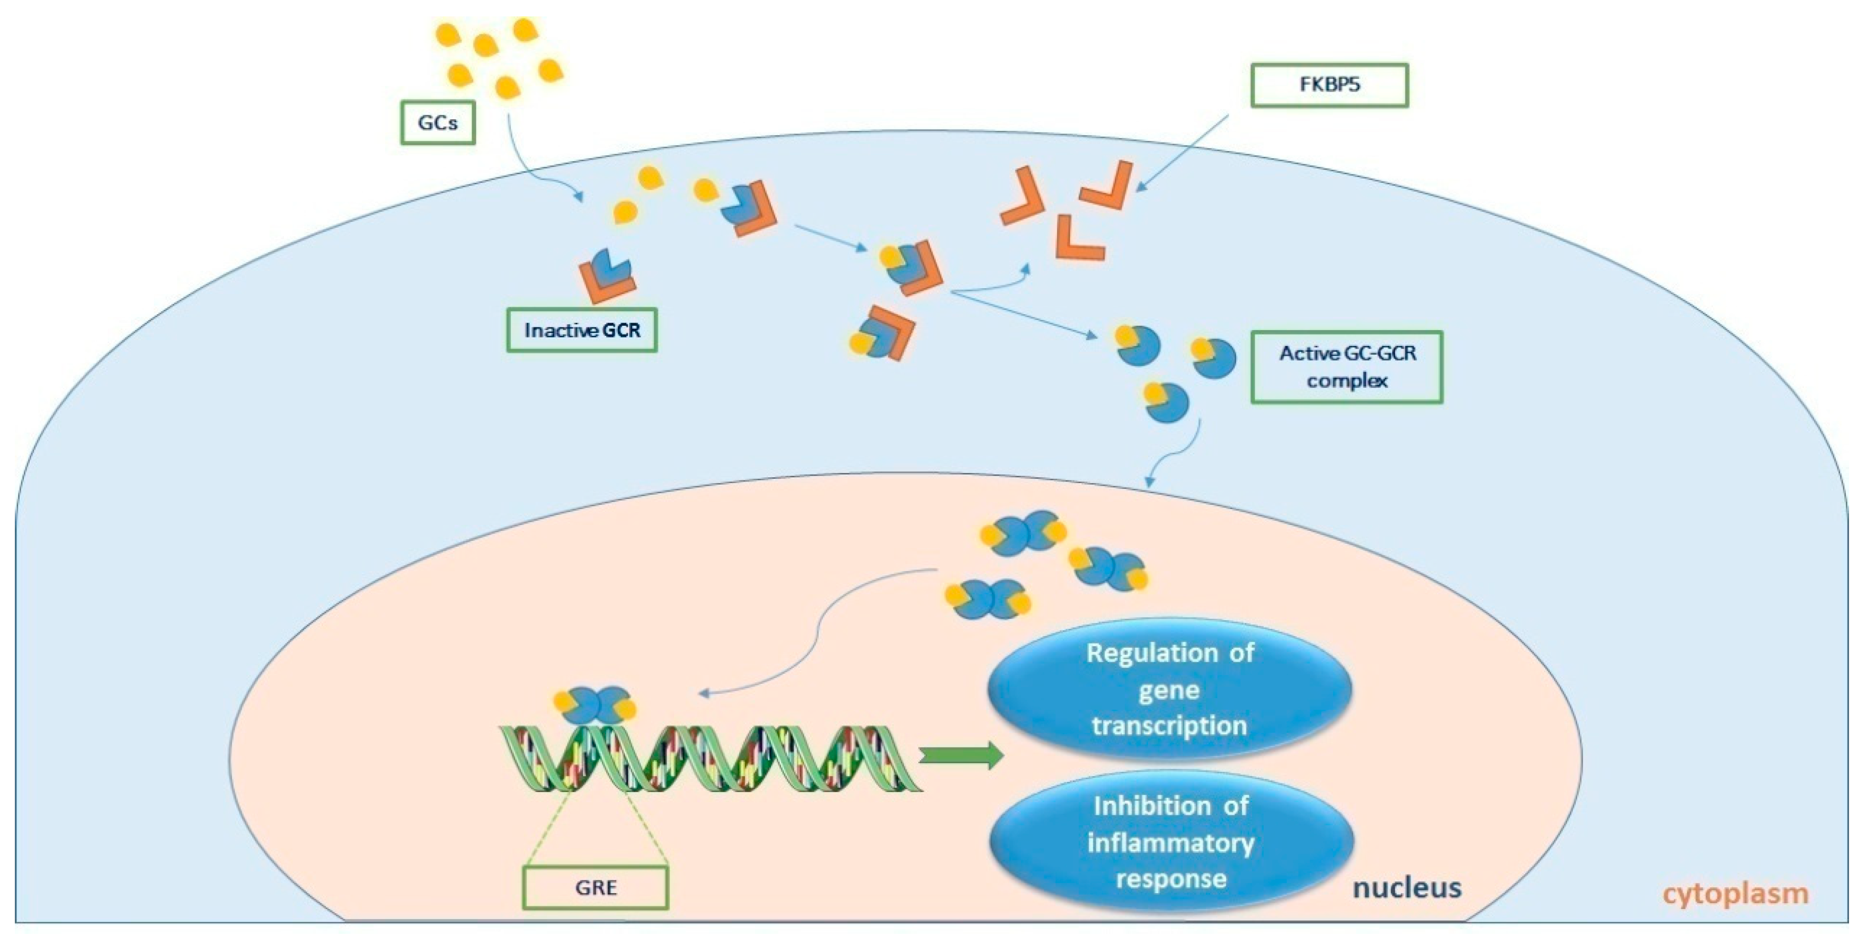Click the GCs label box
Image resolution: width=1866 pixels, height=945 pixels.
point(438,123)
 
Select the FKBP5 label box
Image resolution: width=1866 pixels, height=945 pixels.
point(1329,85)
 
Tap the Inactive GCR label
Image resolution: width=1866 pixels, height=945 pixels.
point(582,330)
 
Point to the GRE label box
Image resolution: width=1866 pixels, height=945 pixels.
point(595,887)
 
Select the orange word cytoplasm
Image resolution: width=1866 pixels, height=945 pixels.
point(1735,894)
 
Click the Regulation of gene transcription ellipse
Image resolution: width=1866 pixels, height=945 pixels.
point(1169,689)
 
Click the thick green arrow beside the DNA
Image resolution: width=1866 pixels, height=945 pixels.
point(961,756)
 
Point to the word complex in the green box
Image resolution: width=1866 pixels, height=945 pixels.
point(1347,380)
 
